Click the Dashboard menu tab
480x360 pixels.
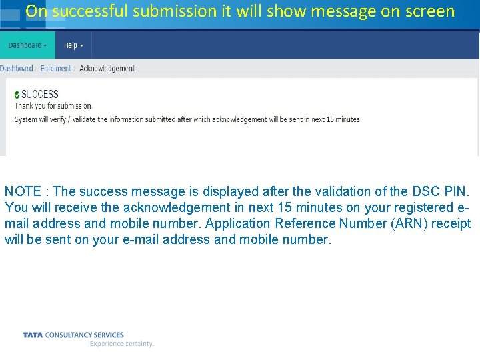pos(27,45)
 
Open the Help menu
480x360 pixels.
pos(73,45)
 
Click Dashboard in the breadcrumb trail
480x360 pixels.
pos(17,68)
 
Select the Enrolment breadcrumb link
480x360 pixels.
pos(55,68)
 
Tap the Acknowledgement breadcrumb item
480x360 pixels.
pos(107,68)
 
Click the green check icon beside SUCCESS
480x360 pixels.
pos(17,95)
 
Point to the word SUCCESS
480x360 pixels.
pos(40,95)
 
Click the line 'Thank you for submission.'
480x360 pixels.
pos(53,105)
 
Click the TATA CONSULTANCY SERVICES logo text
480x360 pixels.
pos(73,335)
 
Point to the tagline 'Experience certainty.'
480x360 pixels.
pos(121,344)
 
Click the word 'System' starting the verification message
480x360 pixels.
pos(26,119)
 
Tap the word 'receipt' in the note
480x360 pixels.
pos(451,223)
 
